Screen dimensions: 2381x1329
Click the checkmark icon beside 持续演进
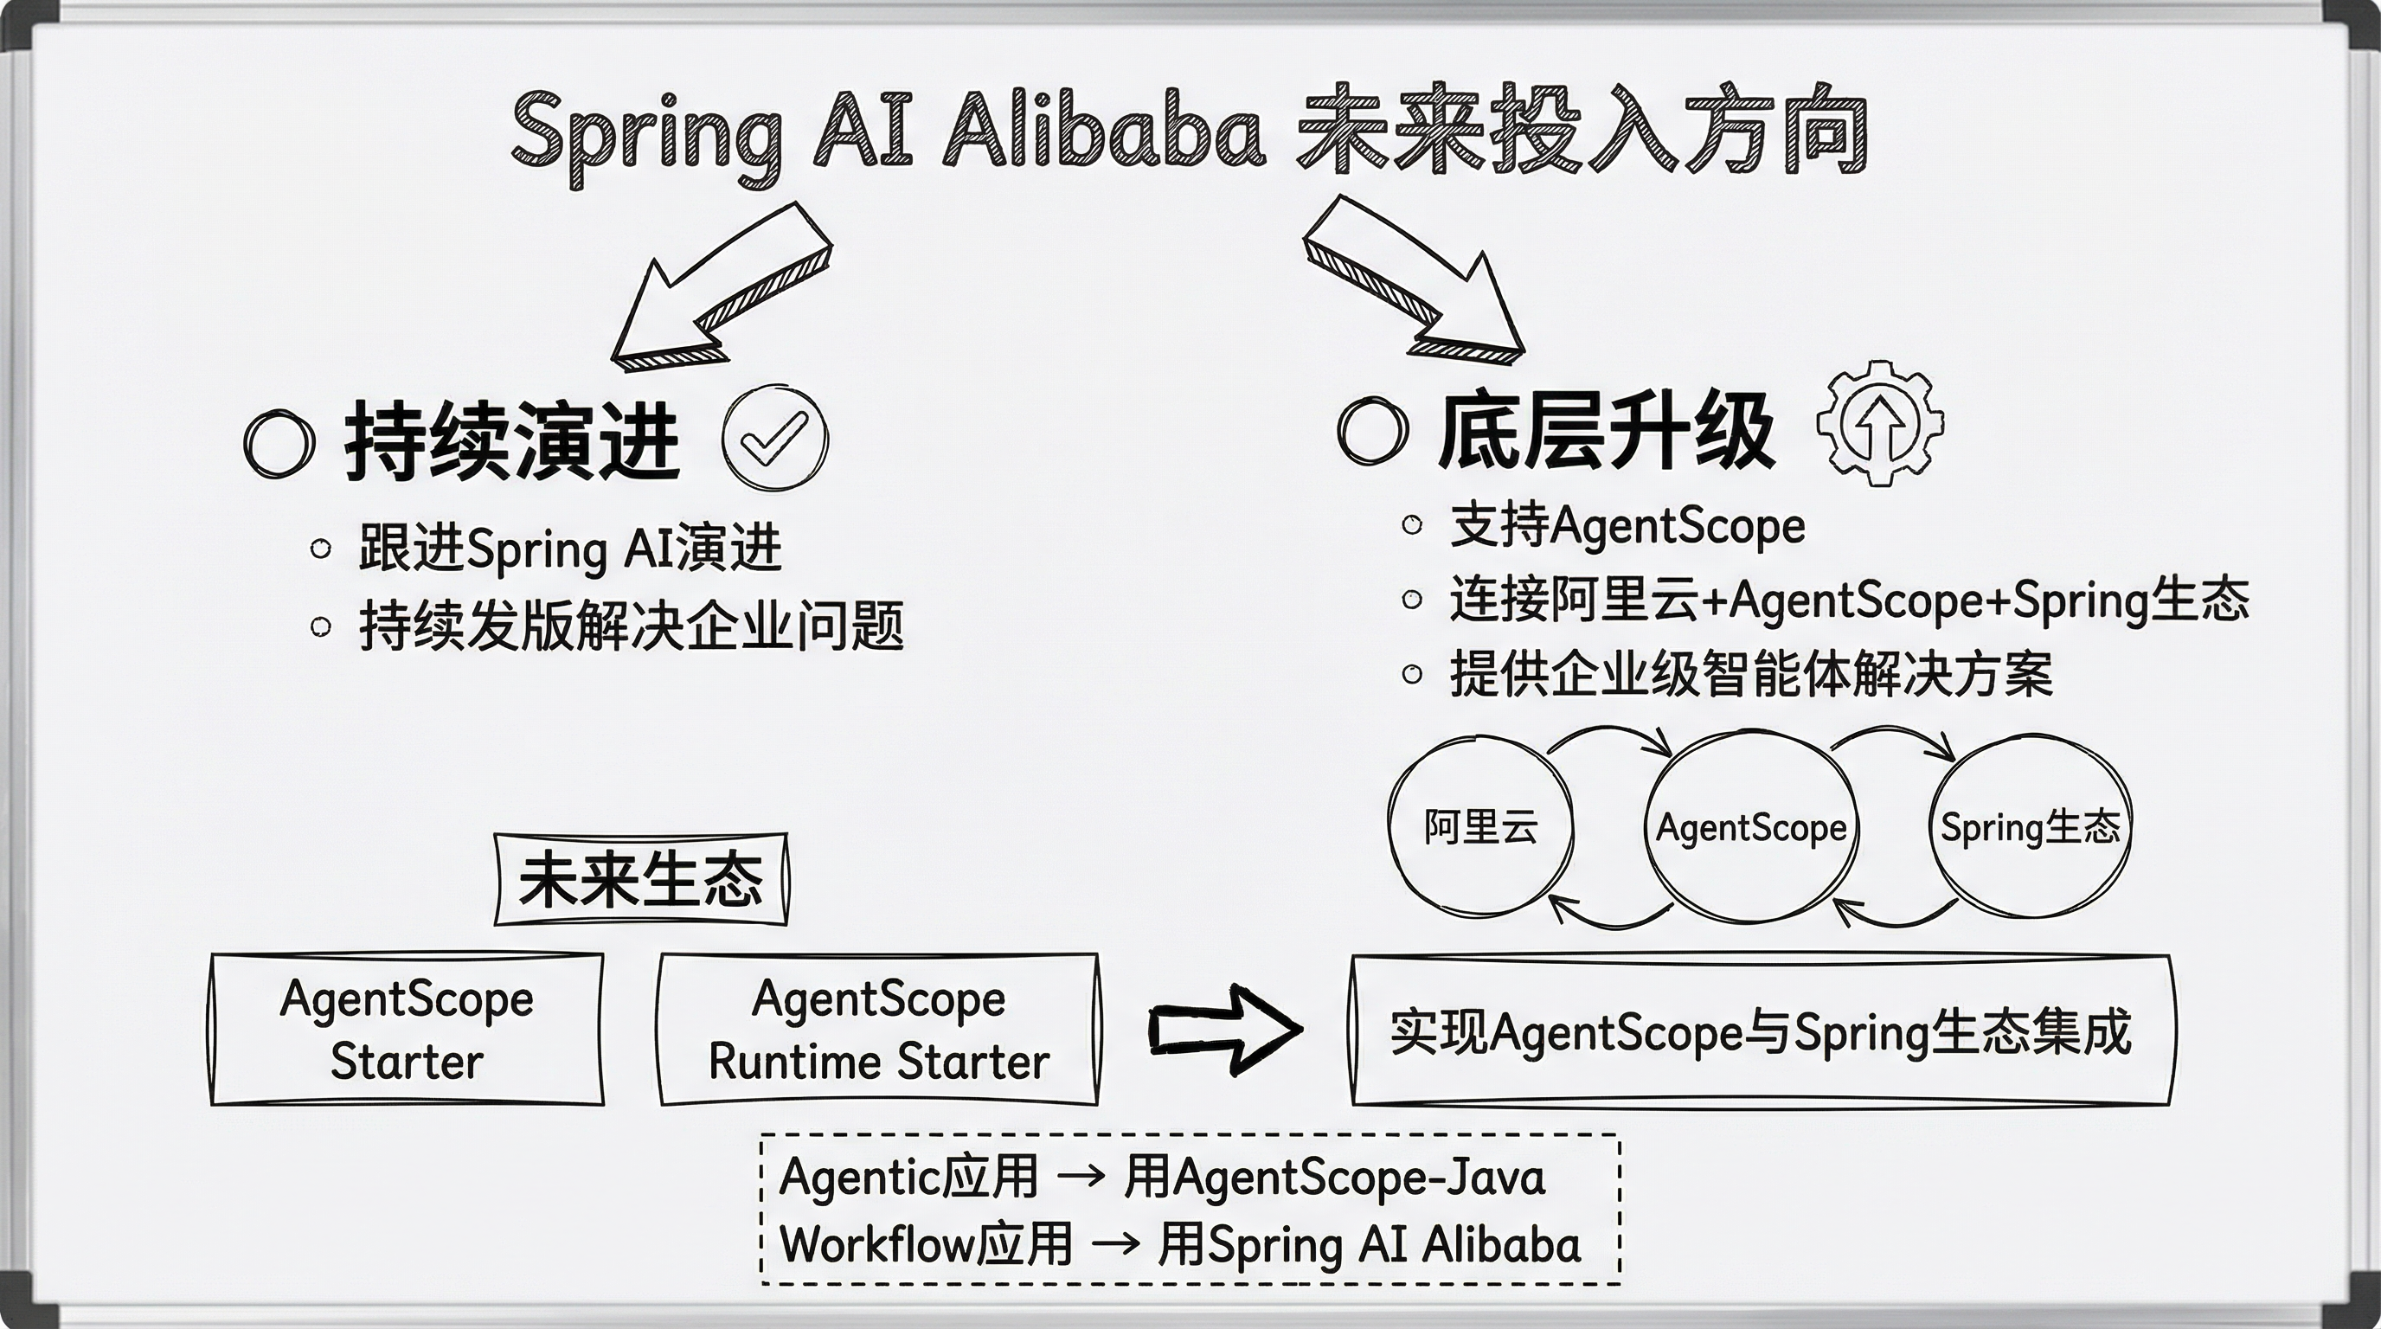pos(774,439)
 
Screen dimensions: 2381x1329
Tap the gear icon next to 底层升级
pos(1879,423)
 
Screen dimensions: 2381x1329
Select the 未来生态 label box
pos(641,879)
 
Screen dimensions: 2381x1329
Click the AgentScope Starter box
pos(407,1029)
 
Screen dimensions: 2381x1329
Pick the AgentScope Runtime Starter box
pos(878,1029)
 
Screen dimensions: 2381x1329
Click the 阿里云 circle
pos(1480,825)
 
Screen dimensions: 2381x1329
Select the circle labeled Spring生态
pos(2030,825)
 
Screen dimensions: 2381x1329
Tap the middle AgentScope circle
pos(1750,827)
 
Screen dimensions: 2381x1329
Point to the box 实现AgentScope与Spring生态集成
pos(1761,1030)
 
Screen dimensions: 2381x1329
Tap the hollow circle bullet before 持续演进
pos(279,444)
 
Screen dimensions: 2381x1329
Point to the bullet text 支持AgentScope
pos(1627,527)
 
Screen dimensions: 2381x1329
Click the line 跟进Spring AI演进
pos(570,549)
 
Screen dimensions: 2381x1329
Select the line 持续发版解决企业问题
pos(632,626)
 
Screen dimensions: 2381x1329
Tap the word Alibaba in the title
pos(1104,132)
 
